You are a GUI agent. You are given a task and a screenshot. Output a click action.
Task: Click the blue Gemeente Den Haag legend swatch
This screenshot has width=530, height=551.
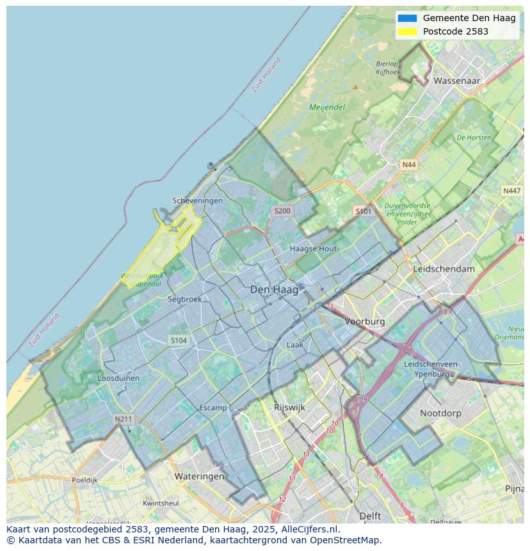tap(406, 18)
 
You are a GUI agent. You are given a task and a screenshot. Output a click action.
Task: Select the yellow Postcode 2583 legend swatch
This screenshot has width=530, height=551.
tap(406, 31)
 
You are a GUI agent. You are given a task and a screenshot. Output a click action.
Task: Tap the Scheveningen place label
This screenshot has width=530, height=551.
tap(198, 200)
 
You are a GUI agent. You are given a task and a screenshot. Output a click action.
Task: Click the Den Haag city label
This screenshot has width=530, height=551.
tap(274, 290)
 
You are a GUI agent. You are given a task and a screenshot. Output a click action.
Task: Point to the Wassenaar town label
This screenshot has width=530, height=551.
tap(457, 81)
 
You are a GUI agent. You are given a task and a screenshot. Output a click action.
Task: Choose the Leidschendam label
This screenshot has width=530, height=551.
tap(444, 269)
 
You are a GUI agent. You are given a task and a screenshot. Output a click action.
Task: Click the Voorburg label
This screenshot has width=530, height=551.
tap(365, 321)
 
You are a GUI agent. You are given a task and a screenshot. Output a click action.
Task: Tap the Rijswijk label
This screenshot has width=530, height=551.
tap(289, 407)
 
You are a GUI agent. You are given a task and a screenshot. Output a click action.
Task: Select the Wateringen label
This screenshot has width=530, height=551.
tap(199, 476)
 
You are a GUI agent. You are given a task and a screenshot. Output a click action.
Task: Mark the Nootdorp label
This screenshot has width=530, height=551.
tap(440, 413)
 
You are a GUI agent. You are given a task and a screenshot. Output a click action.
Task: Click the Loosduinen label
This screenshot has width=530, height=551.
tap(118, 378)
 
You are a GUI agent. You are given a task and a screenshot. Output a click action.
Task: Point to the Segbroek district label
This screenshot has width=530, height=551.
tap(185, 299)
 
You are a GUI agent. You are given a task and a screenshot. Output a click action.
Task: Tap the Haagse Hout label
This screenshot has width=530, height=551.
tap(313, 248)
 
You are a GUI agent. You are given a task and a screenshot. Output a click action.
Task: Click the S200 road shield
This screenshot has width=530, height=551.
tap(282, 211)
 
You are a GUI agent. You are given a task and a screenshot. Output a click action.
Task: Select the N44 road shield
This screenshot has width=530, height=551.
tap(408, 164)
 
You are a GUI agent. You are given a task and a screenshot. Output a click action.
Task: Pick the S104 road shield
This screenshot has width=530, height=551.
tap(179, 340)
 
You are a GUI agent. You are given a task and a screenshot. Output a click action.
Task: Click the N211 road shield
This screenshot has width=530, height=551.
tap(123, 419)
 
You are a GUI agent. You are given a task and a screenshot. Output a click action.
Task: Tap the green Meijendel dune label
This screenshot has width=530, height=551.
tap(327, 108)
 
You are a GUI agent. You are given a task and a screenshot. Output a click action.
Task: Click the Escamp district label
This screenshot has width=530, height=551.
tap(213, 408)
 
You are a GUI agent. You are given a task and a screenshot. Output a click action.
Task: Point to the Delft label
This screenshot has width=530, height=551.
tap(370, 516)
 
